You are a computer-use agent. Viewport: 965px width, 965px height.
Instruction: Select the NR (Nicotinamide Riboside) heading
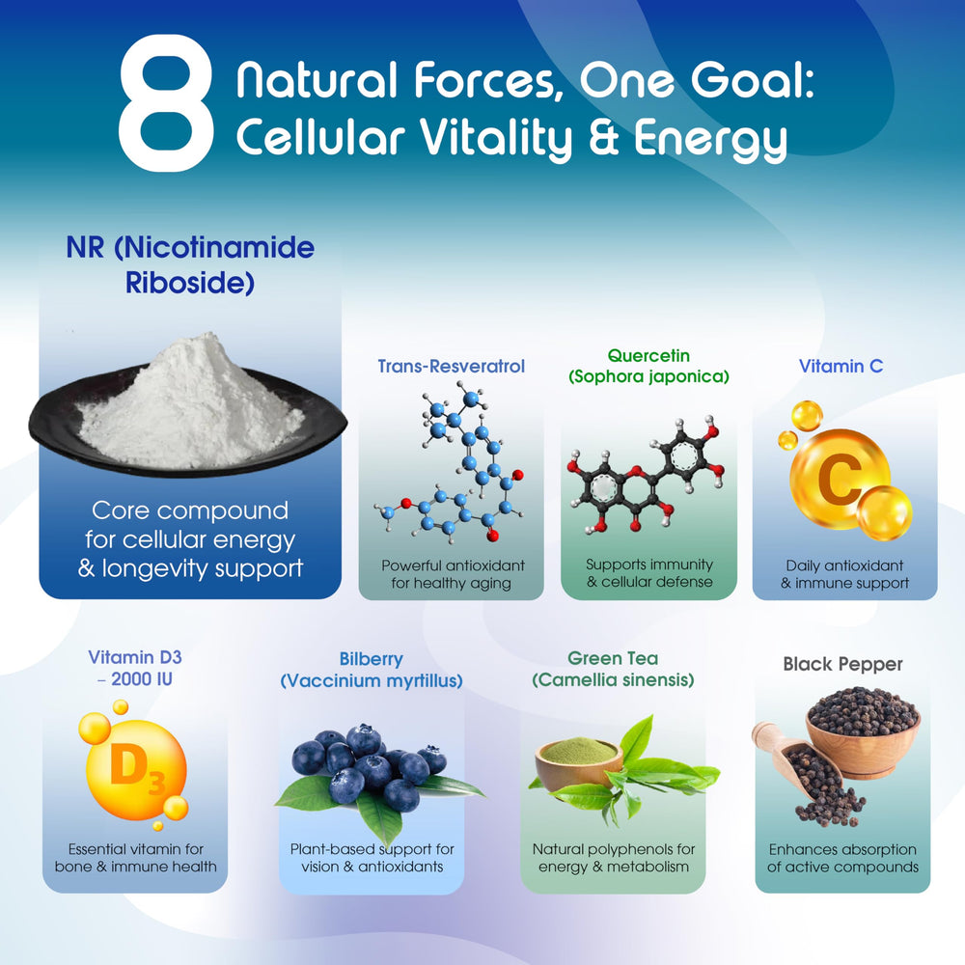pyautogui.click(x=190, y=265)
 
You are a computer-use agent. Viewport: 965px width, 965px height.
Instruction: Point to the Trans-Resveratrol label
pyautogui.click(x=451, y=367)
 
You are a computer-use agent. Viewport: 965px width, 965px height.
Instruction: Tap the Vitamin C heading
pyautogui.click(x=841, y=367)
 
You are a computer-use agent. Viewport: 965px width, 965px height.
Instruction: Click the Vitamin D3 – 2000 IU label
pyautogui.click(x=135, y=667)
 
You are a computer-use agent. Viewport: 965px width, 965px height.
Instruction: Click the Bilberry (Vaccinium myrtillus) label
pyautogui.click(x=372, y=670)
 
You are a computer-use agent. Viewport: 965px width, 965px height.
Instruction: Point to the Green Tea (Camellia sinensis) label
pyautogui.click(x=613, y=669)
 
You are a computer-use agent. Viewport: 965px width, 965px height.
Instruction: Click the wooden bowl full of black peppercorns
pyautogui.click(x=862, y=729)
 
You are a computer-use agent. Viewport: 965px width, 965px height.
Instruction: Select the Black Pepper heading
pyautogui.click(x=842, y=664)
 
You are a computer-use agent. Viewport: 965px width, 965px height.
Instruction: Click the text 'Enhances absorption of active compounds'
pyautogui.click(x=842, y=858)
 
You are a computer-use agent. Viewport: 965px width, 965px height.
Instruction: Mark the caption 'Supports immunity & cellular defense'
pyautogui.click(x=649, y=572)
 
